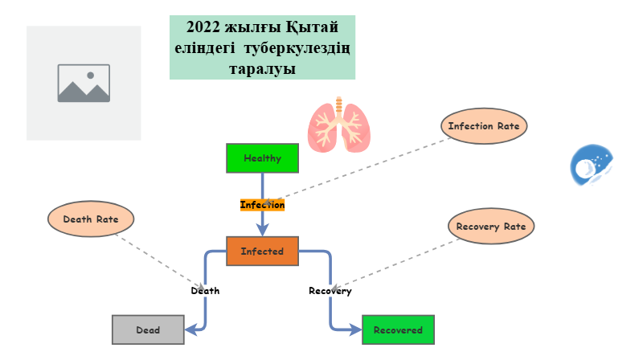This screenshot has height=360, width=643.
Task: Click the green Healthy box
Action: (262, 157)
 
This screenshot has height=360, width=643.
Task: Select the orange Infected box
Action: (262, 251)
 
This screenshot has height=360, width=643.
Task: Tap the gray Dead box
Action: (148, 329)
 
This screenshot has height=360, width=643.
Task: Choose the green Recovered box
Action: (398, 329)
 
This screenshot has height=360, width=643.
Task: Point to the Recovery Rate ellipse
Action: (490, 226)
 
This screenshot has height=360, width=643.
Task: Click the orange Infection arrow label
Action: (262, 205)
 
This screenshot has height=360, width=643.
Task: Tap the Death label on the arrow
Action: (205, 291)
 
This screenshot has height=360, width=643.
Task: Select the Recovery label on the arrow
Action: (330, 291)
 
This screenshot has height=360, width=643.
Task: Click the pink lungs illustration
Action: (338, 125)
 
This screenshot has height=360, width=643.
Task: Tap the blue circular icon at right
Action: (592, 166)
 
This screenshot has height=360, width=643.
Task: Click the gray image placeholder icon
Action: (84, 83)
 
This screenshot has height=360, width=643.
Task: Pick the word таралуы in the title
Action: (262, 69)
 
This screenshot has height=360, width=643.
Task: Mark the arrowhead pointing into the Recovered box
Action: (356, 329)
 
